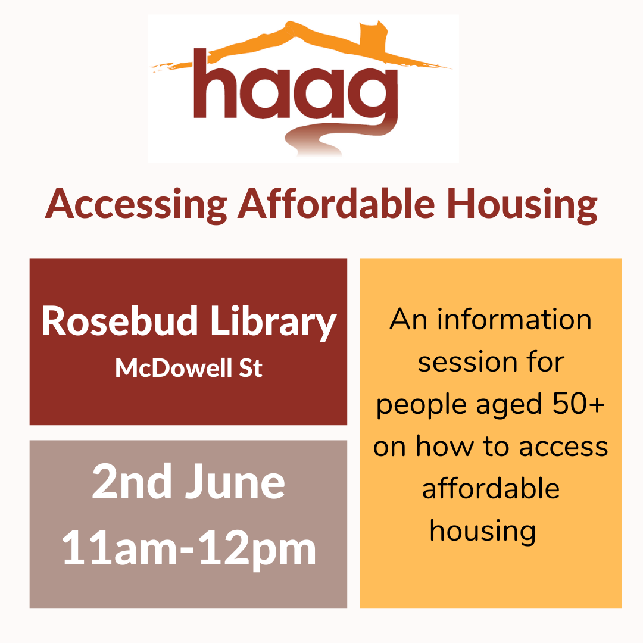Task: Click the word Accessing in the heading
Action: coord(136,205)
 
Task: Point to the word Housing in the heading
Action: coord(522,205)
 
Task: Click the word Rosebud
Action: coord(119,321)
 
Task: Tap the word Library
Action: coord(273,323)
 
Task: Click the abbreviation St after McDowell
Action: coord(251,369)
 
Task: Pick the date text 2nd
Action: coord(132,482)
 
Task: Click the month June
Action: coord(235,482)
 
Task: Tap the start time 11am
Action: coord(119,548)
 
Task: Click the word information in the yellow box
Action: coord(514,320)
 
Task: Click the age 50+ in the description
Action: coord(579,404)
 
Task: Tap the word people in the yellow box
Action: coord(421,406)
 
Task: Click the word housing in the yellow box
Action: coord(483,532)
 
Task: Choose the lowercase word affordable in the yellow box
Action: coord(491,488)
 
